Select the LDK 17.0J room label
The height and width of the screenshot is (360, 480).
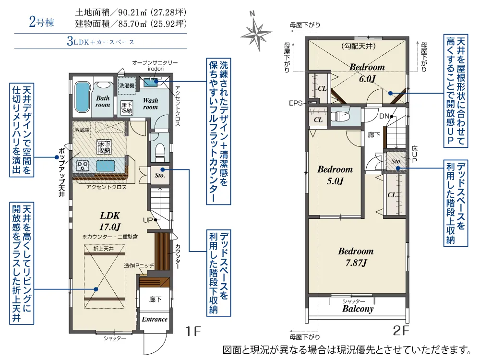pyautogui.click(x=110, y=220)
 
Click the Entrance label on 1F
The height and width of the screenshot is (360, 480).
pyautogui.click(x=155, y=319)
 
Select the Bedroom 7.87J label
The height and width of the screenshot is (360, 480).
pyautogui.click(x=356, y=257)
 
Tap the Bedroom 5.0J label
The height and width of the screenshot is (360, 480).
pyautogui.click(x=335, y=175)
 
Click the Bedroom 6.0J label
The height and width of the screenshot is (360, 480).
pyautogui.click(x=367, y=72)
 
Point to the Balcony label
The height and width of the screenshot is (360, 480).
pyautogui.click(x=358, y=309)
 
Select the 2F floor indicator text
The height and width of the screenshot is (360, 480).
pyautogui.click(x=401, y=331)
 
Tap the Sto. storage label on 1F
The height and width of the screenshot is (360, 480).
pyautogui.click(x=160, y=175)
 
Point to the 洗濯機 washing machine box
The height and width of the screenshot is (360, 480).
pyautogui.click(x=127, y=84)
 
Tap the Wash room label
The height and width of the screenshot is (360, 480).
pyautogui.click(x=150, y=104)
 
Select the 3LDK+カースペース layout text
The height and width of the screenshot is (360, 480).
pyautogui.click(x=101, y=42)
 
